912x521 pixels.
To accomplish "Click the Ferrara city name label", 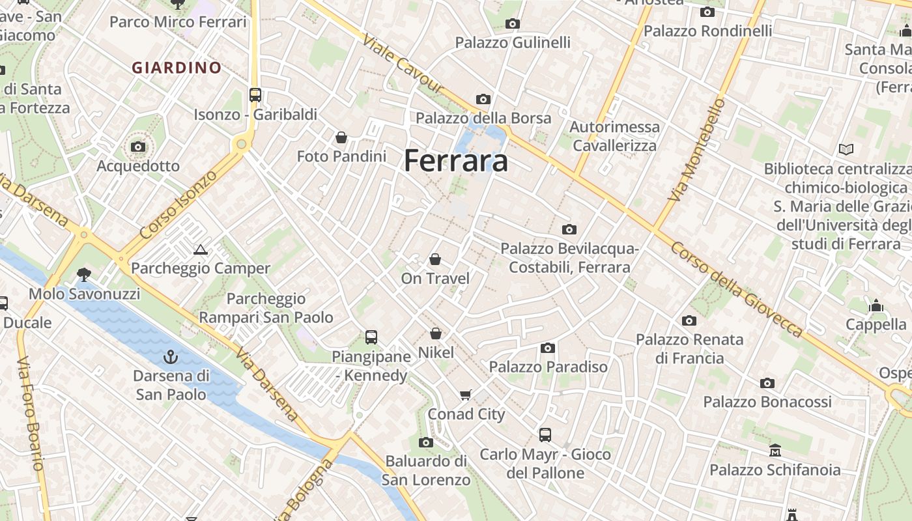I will pos(456,160).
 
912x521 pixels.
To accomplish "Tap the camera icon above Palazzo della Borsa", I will pos(483,99).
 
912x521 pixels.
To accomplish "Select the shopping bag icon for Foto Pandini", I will pos(341,137).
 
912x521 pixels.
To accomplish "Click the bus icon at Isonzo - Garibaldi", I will pos(255,95).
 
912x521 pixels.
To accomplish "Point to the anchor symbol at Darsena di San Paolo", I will pos(171,357).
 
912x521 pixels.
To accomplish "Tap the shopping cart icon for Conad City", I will pos(466,395).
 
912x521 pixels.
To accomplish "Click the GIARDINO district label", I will pos(177,67).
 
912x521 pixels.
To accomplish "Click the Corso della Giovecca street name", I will pos(736,290).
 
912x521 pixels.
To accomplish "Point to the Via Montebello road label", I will pos(697,150).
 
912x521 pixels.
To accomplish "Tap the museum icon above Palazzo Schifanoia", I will pos(775,450).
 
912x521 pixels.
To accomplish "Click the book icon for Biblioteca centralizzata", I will pos(846,150).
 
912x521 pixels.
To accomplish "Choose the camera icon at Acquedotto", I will pos(138,147).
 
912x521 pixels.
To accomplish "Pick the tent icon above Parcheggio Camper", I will pos(201,249).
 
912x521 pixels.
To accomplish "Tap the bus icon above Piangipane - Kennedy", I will pos(371,337).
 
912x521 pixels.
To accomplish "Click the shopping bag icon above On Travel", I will pos(435,259).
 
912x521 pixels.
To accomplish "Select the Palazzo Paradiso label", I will pos(549,367).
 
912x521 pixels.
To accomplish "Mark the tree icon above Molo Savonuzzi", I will pos(84,274).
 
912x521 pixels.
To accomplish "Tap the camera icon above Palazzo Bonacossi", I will pos(767,383).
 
